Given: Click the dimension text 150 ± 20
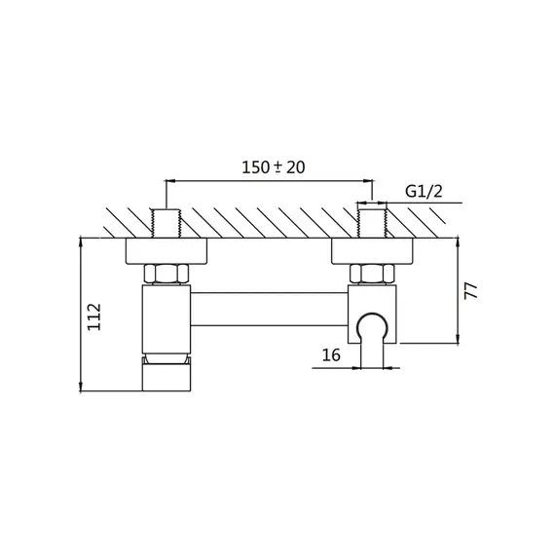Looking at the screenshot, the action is (x=273, y=167).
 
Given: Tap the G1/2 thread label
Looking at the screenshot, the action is (x=424, y=192).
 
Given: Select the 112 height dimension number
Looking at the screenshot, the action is (x=94, y=316).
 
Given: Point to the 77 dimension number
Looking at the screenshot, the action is (x=471, y=290).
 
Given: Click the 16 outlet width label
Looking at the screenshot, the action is (x=331, y=354).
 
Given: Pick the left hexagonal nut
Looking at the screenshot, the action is (x=166, y=274).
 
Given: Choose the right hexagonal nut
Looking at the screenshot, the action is (x=372, y=274).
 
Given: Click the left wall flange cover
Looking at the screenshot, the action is (x=166, y=251).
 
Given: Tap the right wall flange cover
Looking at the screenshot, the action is (x=372, y=251).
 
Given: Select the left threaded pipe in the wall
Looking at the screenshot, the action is (x=166, y=223).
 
